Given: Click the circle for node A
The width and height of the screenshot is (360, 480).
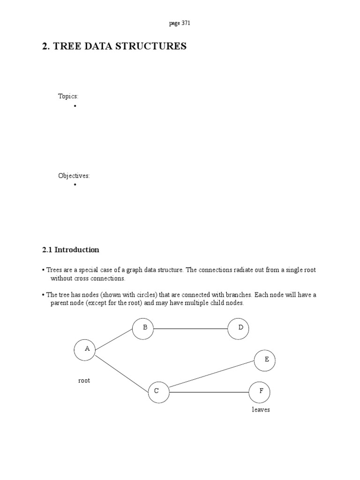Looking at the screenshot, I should pos(85,350).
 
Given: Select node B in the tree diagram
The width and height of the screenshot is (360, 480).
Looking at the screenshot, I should pos(143,329).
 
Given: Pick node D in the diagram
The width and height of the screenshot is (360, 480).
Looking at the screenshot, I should pos(238,329).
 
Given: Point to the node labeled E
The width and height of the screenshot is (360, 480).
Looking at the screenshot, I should pos(265,360).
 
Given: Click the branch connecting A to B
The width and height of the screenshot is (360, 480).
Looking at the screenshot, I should pos(114,339).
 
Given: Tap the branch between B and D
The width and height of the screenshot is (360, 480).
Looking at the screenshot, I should pos(191,329).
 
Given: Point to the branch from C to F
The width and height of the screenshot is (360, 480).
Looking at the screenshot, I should pos(209,392).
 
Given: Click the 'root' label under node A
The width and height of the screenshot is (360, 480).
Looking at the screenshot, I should pos(84,381).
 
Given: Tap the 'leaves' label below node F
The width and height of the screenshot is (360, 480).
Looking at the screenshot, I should pos(261,410).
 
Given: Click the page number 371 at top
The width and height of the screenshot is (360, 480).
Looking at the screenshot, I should pos(180,23).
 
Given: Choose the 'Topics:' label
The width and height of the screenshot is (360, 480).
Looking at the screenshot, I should pos(68,96).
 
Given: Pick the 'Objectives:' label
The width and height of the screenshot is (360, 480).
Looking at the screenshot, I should pos(74,176).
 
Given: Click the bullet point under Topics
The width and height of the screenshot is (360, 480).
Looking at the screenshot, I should pos(75,106).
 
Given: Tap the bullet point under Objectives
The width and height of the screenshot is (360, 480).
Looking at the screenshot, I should pos(75,186).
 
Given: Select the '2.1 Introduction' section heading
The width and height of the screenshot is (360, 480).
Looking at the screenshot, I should pos(71,250).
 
